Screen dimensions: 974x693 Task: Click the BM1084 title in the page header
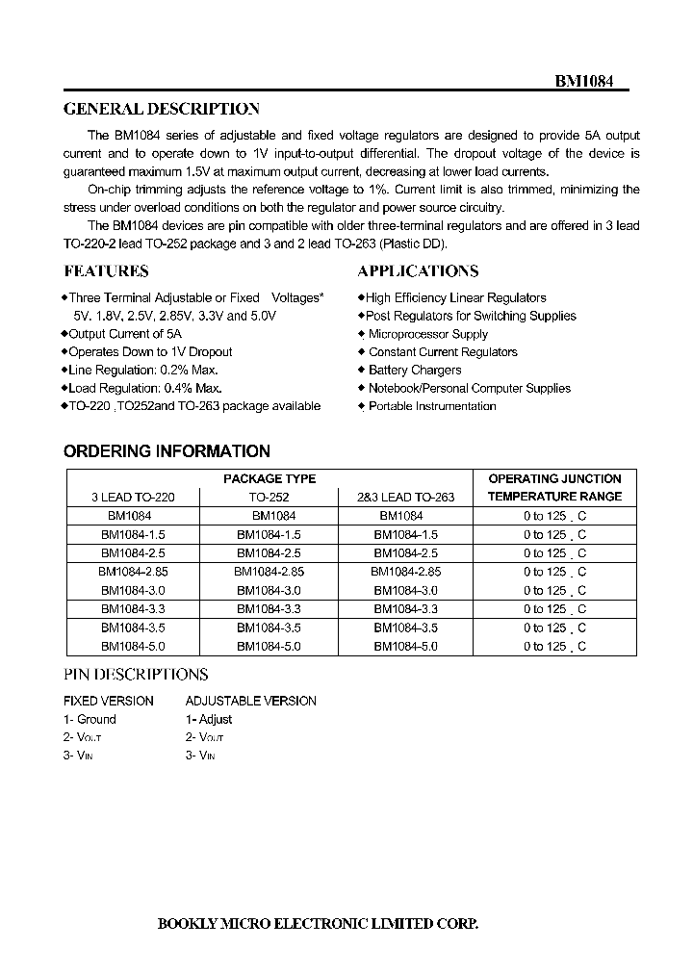coord(588,82)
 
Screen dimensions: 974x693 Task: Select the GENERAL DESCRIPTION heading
coord(161,110)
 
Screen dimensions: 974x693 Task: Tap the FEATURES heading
coord(106,271)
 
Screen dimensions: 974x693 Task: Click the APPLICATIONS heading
coord(418,271)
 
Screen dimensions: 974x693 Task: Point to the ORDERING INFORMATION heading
coord(167,451)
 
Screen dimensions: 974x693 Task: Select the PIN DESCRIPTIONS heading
coord(136,675)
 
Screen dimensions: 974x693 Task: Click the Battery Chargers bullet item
coord(414,371)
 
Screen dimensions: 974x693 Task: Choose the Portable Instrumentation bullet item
coord(431,406)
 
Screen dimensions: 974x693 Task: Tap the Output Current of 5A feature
coord(124,334)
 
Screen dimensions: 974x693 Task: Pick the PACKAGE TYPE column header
coord(269,478)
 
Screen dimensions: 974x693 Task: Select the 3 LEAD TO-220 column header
coord(134,498)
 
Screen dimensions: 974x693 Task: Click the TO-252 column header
coord(269,498)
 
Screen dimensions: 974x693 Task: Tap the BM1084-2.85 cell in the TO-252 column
coord(269,572)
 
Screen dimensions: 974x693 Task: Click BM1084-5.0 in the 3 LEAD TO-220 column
coord(134,647)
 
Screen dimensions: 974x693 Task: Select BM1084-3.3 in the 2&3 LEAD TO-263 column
coord(405,609)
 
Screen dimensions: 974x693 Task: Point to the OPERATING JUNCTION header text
coord(554,478)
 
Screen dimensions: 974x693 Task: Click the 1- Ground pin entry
coord(90,720)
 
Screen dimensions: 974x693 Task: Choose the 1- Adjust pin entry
coord(209,720)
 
